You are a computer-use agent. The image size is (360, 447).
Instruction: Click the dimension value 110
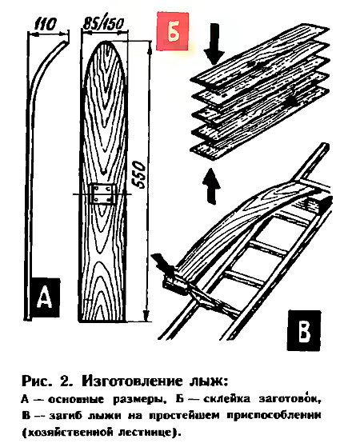point(46,25)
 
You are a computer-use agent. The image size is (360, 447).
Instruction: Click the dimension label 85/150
point(103,24)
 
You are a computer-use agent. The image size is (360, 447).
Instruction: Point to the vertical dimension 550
point(139,174)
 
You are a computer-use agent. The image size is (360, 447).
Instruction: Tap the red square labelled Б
point(172,31)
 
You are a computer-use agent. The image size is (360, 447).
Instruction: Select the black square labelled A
point(45,297)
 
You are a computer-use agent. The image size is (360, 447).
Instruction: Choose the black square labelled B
point(304,330)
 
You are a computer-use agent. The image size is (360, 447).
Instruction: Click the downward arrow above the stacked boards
point(214,43)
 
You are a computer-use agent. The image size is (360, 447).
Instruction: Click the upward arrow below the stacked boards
point(211,186)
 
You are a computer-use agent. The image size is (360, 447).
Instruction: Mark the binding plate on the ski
point(102,194)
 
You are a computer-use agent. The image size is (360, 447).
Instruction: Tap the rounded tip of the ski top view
point(104,42)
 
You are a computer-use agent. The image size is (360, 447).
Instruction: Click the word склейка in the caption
point(226,399)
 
